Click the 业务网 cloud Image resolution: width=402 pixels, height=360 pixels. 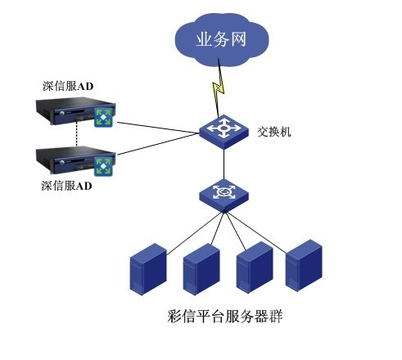pos(222,40)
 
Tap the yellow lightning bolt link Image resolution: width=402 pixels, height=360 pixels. pos(219,88)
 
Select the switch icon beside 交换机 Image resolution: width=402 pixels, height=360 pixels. pos(224,132)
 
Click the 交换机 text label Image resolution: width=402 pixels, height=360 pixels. pos(273,132)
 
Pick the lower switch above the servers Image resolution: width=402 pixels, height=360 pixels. pos(224,196)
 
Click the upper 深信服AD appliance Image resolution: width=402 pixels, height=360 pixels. pos(75,111)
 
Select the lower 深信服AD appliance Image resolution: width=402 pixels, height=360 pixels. pos(75,160)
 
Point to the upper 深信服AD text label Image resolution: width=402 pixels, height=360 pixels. pos(68,86)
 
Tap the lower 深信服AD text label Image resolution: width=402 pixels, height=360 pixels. pos(66,186)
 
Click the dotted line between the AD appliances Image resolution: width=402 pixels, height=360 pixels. pos(77,134)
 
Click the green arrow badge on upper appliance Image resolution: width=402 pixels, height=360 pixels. pos(103,117)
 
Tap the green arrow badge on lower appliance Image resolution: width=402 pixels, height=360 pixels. pos(103,166)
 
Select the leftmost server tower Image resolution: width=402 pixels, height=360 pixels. pos(148,269)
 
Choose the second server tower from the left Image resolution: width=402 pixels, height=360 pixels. pos(201,269)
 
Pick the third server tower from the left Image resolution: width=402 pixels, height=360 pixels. pos(255,268)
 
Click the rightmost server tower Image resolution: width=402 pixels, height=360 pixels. pos(304,265)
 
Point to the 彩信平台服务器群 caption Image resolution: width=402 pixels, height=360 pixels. pos(225,317)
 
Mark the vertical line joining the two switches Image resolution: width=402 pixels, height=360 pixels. pos(224,164)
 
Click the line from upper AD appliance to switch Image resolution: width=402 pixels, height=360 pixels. pos(158,128)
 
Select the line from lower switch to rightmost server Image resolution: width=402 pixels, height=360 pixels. pos(255,232)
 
